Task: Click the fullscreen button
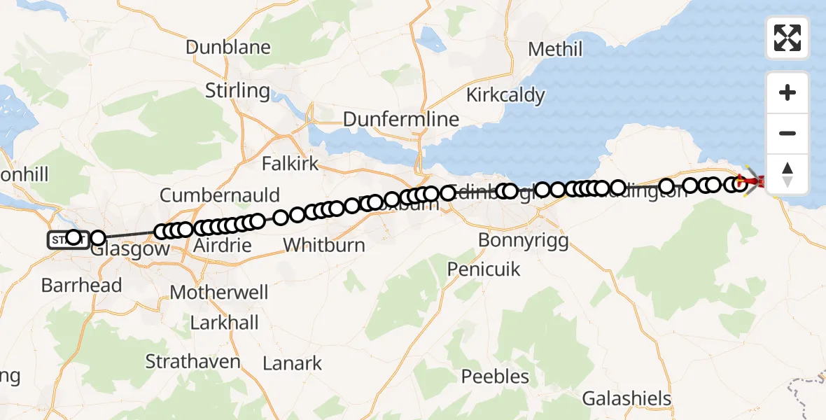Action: point(787,38)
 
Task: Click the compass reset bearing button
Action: point(787,174)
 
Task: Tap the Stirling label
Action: point(237,90)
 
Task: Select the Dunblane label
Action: point(227,48)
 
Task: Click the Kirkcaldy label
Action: point(505,95)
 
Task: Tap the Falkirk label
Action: point(290,164)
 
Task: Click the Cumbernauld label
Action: point(220,195)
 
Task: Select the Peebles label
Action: point(495,377)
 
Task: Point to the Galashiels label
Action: point(626,399)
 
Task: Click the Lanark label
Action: point(292,363)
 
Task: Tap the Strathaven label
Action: point(192,361)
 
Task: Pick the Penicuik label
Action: point(484,268)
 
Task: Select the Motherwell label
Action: point(219,292)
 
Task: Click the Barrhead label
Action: point(81,285)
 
